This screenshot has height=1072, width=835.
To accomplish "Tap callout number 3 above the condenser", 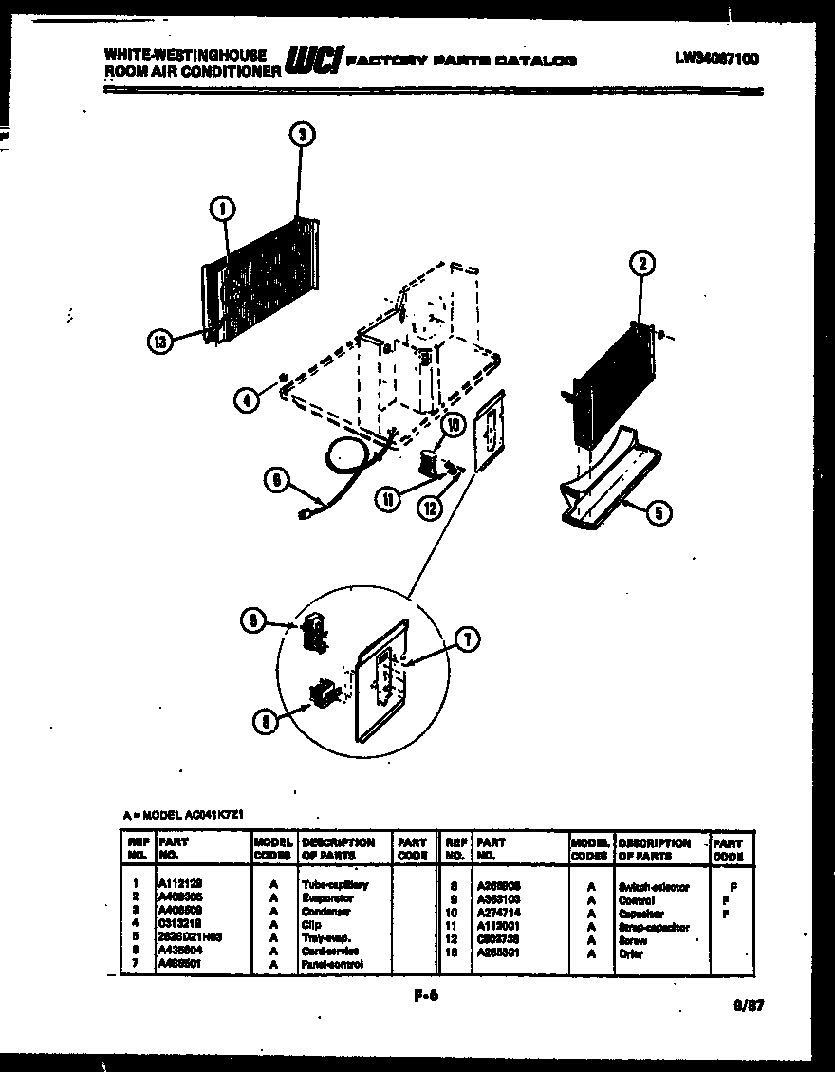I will pyautogui.click(x=300, y=135).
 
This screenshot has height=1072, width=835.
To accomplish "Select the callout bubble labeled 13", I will pyautogui.click(x=160, y=342).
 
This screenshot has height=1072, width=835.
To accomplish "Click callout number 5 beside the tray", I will pyautogui.click(x=657, y=512).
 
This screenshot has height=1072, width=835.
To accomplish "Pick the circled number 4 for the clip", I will pyautogui.click(x=247, y=399).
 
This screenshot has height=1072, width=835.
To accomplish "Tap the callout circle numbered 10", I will pyautogui.click(x=453, y=425).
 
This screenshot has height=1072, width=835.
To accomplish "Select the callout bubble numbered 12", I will pyautogui.click(x=431, y=508).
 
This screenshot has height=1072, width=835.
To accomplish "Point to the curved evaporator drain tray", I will pyautogui.click(x=607, y=474).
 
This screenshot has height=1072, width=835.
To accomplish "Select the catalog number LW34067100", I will pyautogui.click(x=716, y=58).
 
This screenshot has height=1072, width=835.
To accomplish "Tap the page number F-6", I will pyautogui.click(x=426, y=995).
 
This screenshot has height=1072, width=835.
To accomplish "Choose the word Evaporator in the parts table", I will pyautogui.click(x=327, y=897).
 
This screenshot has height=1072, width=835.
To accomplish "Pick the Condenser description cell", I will pyautogui.click(x=325, y=911).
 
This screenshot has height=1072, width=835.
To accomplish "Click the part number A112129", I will pyautogui.click(x=180, y=884).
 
